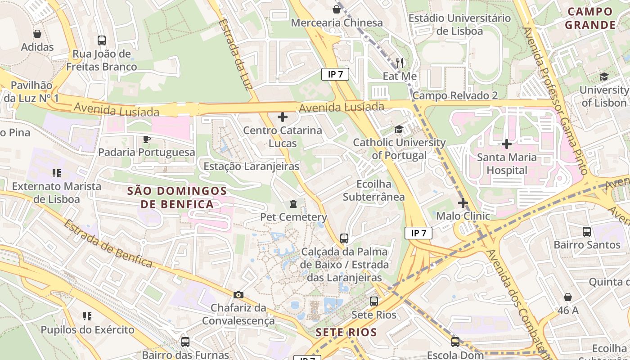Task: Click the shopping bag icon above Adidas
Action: pos(37,34)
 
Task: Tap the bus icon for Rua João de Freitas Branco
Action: pos(102,40)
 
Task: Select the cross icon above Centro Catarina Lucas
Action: pos(283,117)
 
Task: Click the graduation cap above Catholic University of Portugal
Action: pos(399,130)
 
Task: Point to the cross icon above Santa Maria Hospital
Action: pos(507,144)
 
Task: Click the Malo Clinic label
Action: pos(463,216)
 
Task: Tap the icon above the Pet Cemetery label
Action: pos(293,204)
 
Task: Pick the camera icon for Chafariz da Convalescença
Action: pos(238,295)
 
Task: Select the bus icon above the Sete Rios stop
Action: pos(374,301)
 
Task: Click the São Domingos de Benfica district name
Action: pos(177,198)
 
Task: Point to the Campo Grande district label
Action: pos(590,18)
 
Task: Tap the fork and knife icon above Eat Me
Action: pos(400,62)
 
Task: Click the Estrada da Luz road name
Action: pos(235,54)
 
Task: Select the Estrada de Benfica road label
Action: pos(108,243)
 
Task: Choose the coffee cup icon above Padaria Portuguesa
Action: pos(146,139)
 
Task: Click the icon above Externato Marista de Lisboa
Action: pos(57,173)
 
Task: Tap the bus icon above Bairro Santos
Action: pos(587,232)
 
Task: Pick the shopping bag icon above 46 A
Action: pos(568,297)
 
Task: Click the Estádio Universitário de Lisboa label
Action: pos(459,25)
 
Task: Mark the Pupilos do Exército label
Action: pos(87,330)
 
